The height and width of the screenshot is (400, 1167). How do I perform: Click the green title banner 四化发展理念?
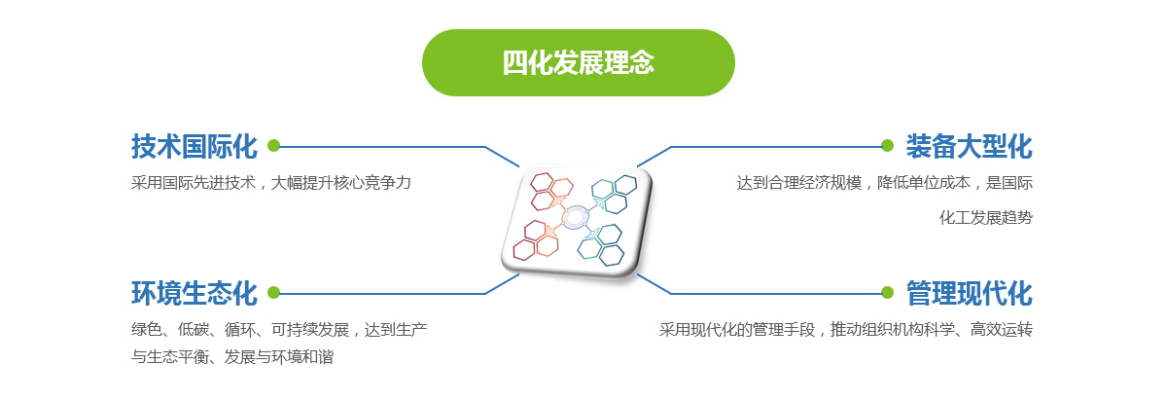coord(579,62)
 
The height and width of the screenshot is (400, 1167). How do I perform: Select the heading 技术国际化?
coord(194,146)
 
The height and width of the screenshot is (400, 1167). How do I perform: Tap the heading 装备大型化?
coord(969,146)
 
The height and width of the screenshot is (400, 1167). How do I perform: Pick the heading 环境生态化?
coord(194,293)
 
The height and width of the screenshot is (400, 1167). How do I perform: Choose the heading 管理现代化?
coord(969,293)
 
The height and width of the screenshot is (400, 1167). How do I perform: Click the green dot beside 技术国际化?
coord(273,146)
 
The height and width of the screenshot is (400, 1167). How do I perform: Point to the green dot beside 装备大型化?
coord(887,146)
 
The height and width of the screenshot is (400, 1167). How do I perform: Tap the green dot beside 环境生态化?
coord(273,293)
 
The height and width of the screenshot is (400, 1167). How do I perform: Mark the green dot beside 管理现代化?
coord(887,293)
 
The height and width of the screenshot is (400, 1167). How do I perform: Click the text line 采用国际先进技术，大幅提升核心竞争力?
coord(271,183)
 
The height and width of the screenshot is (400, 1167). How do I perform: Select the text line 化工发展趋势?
coord(986,217)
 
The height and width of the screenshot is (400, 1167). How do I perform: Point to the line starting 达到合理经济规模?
coord(885,183)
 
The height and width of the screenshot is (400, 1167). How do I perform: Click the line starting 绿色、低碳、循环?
coord(279,330)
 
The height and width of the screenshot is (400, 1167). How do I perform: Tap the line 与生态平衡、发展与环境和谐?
coord(232,357)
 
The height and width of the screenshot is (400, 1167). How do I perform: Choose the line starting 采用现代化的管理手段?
coord(845,330)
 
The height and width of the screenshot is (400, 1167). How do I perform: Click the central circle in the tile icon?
coord(575,217)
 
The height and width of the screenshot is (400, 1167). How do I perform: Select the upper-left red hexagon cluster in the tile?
coord(551,192)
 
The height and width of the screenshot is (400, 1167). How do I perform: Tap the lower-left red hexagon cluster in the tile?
coord(536,239)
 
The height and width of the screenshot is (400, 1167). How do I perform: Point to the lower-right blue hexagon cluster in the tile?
coord(601,245)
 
